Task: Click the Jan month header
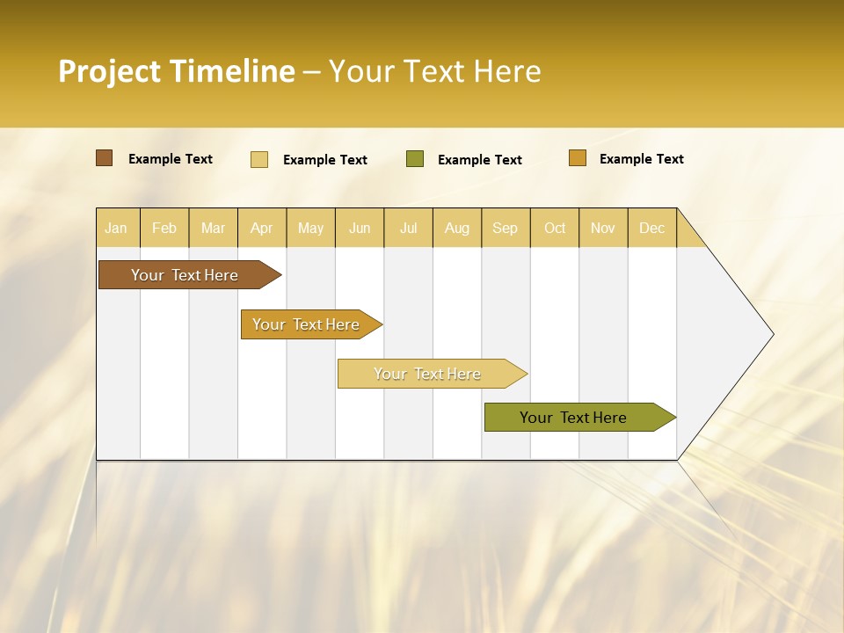click(x=116, y=228)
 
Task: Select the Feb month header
click(x=164, y=228)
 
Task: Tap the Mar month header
click(x=213, y=228)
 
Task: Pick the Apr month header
click(x=261, y=228)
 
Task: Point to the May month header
click(x=310, y=228)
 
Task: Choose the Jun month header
click(x=360, y=228)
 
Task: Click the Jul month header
click(x=408, y=228)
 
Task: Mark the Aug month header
click(x=457, y=228)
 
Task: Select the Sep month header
click(x=506, y=228)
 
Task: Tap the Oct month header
click(x=555, y=228)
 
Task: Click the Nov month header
click(x=603, y=228)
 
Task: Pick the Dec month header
click(x=652, y=228)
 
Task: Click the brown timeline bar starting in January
click(x=186, y=275)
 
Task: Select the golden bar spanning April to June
click(x=307, y=324)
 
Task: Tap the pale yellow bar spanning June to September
click(x=428, y=374)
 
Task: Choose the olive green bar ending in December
click(x=574, y=418)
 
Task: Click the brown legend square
click(x=105, y=158)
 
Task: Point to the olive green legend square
click(x=415, y=159)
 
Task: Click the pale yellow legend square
click(x=259, y=159)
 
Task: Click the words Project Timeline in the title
click(x=177, y=71)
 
